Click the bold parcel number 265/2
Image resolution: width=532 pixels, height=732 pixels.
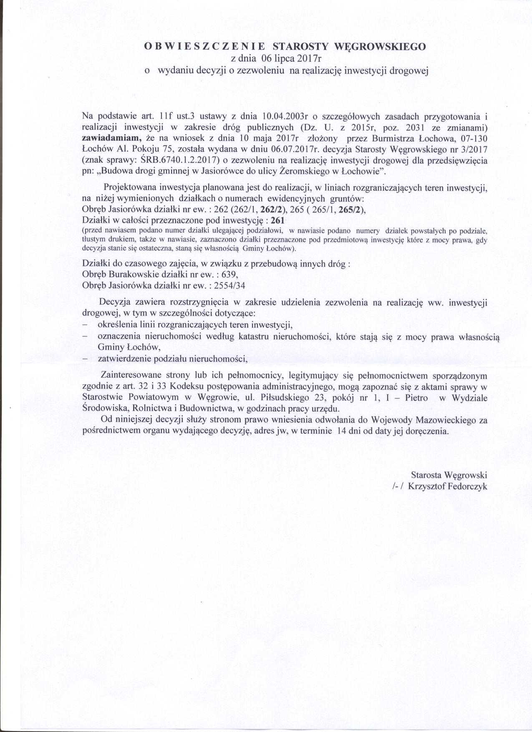[351, 210]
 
